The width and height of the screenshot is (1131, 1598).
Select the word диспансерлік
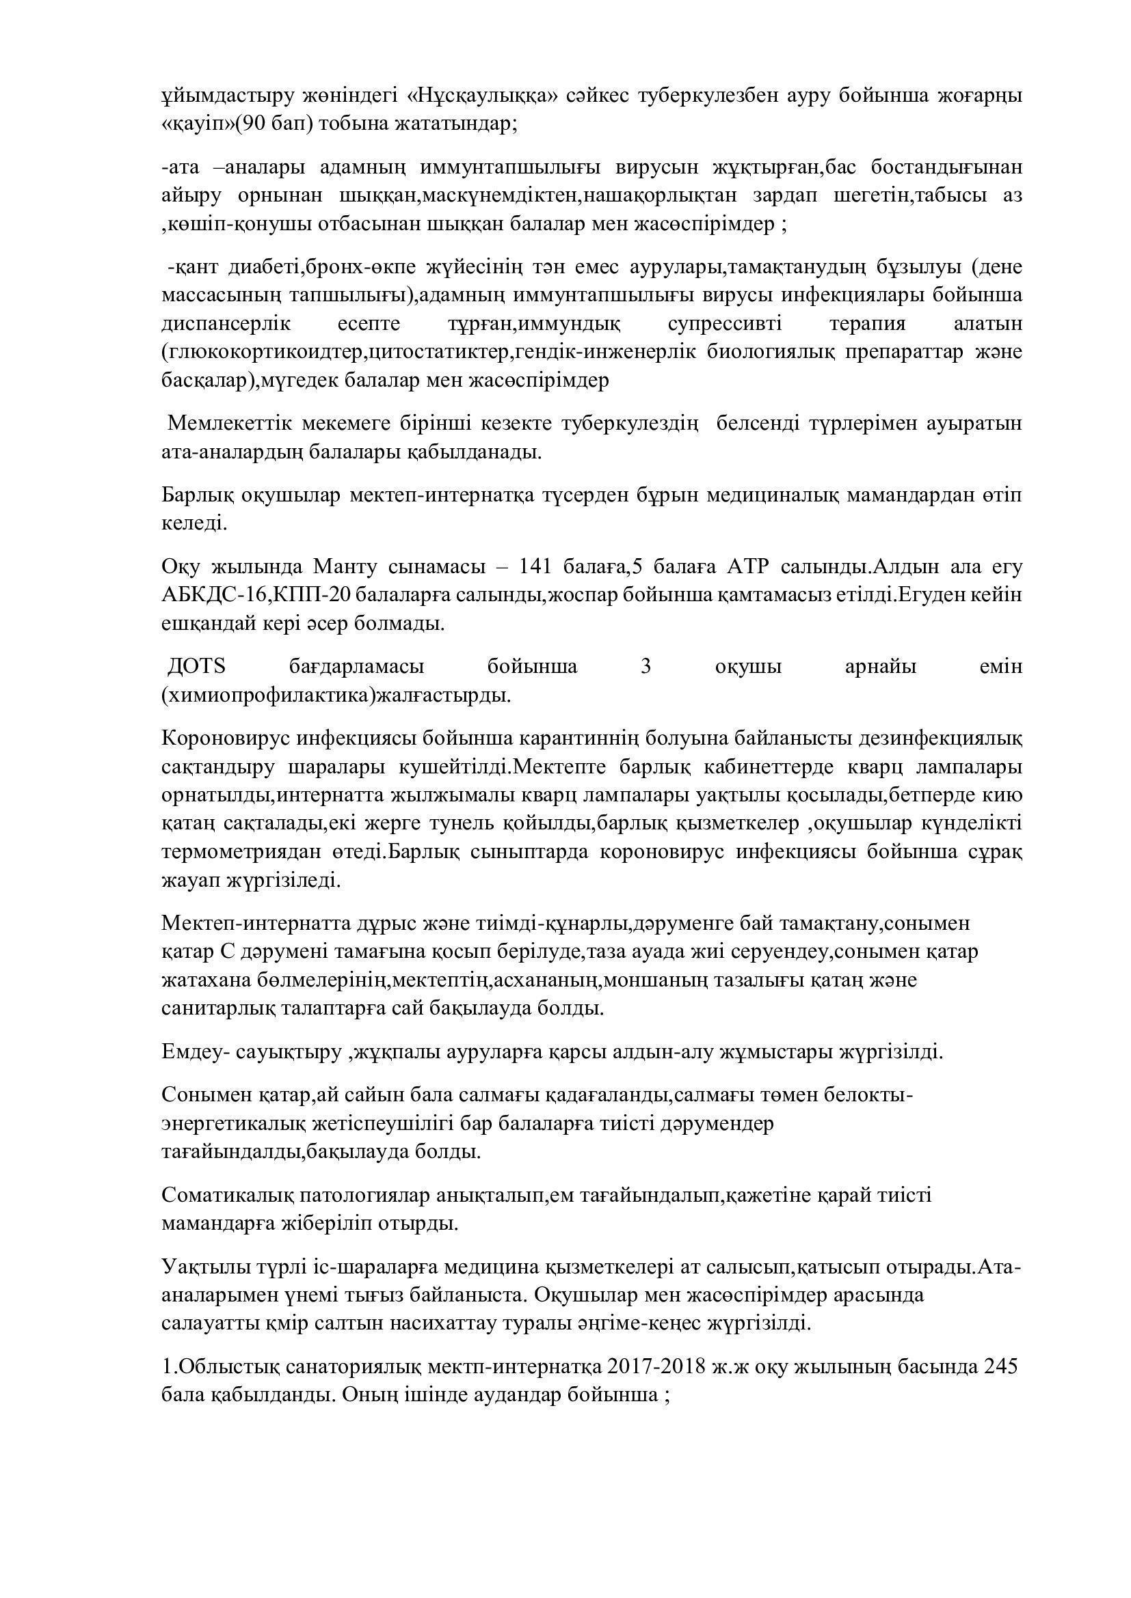pos(226,325)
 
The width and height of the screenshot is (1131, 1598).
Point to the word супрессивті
pos(723,325)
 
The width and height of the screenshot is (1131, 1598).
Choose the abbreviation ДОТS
pos(197,667)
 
